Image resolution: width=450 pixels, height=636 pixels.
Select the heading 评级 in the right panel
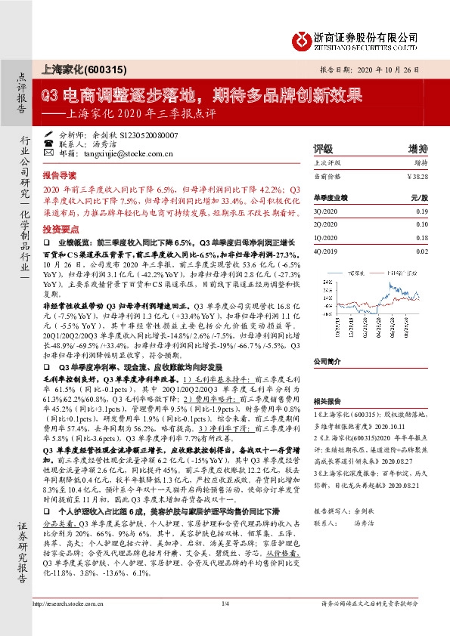(323, 148)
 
